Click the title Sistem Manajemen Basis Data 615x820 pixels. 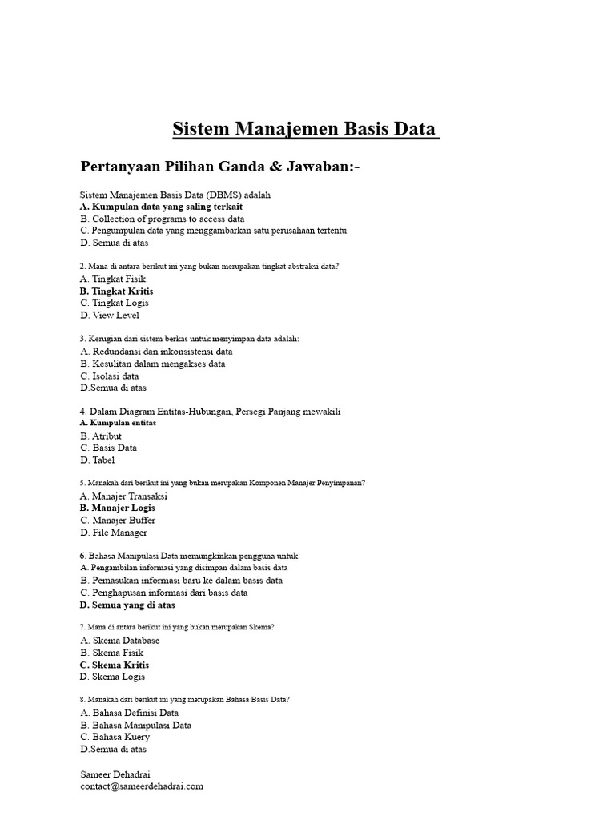tap(306, 129)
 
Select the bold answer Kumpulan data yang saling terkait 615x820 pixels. tap(161, 207)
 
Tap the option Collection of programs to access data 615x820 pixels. tap(163, 219)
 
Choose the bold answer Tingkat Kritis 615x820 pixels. tap(117, 291)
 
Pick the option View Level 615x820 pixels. tap(110, 316)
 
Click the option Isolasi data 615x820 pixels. tap(110, 376)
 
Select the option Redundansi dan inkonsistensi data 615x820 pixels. tap(157, 352)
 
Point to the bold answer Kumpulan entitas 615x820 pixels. tap(119, 422)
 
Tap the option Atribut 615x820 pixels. tap(101, 436)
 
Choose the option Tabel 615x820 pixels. tap(98, 460)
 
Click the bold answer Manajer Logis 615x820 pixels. tap(118, 508)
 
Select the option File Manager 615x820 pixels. tap(114, 533)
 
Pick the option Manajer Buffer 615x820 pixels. tap(118, 521)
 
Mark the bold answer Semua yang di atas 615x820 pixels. tap(127, 605)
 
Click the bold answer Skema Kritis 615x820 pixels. tap(115, 665)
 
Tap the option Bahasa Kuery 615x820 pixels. tap(115, 737)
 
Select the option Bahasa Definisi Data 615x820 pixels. tap(130, 713)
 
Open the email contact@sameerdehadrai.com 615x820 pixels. tap(142, 786)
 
